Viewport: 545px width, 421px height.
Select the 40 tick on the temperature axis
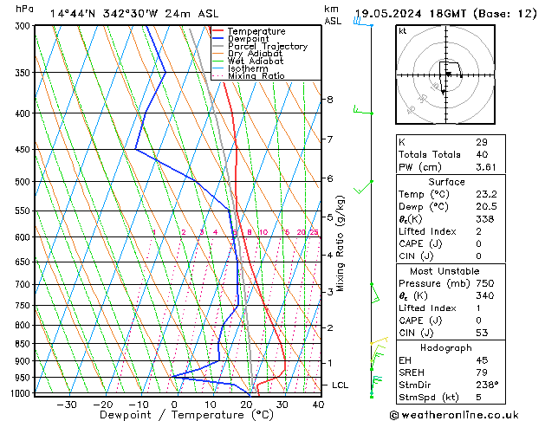pyautogui.click(x=318, y=404)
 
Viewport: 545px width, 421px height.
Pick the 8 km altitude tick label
pyautogui.click(x=329, y=100)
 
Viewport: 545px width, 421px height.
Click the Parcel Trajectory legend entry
pyautogui.click(x=267, y=46)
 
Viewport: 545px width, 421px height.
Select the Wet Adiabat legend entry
pyautogui.click(x=255, y=61)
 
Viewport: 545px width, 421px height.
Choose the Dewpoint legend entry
pyautogui.click(x=249, y=39)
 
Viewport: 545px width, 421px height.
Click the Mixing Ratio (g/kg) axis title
pyautogui.click(x=341, y=243)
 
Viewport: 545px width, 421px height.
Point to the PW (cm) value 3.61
pyautogui.click(x=486, y=166)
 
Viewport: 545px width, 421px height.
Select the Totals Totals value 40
pyautogui.click(x=482, y=154)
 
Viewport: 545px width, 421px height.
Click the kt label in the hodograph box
pyautogui.click(x=403, y=31)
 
